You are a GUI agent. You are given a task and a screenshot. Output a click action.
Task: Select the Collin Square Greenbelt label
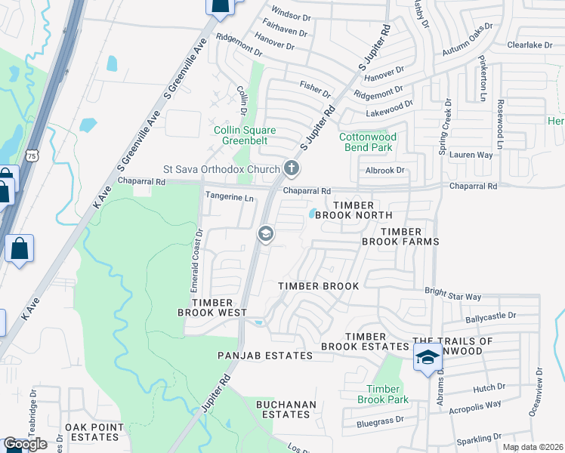coord(238,135)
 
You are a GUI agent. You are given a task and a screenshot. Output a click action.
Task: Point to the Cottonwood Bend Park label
coord(366,142)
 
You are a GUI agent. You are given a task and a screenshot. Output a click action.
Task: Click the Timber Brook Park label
coord(382,393)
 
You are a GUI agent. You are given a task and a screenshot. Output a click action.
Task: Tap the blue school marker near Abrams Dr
coord(427,358)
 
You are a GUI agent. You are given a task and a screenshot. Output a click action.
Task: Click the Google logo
coord(25,444)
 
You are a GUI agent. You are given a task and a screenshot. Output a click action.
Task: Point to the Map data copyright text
coord(533,447)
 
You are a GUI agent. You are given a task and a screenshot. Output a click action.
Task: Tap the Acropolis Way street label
coord(476,405)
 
